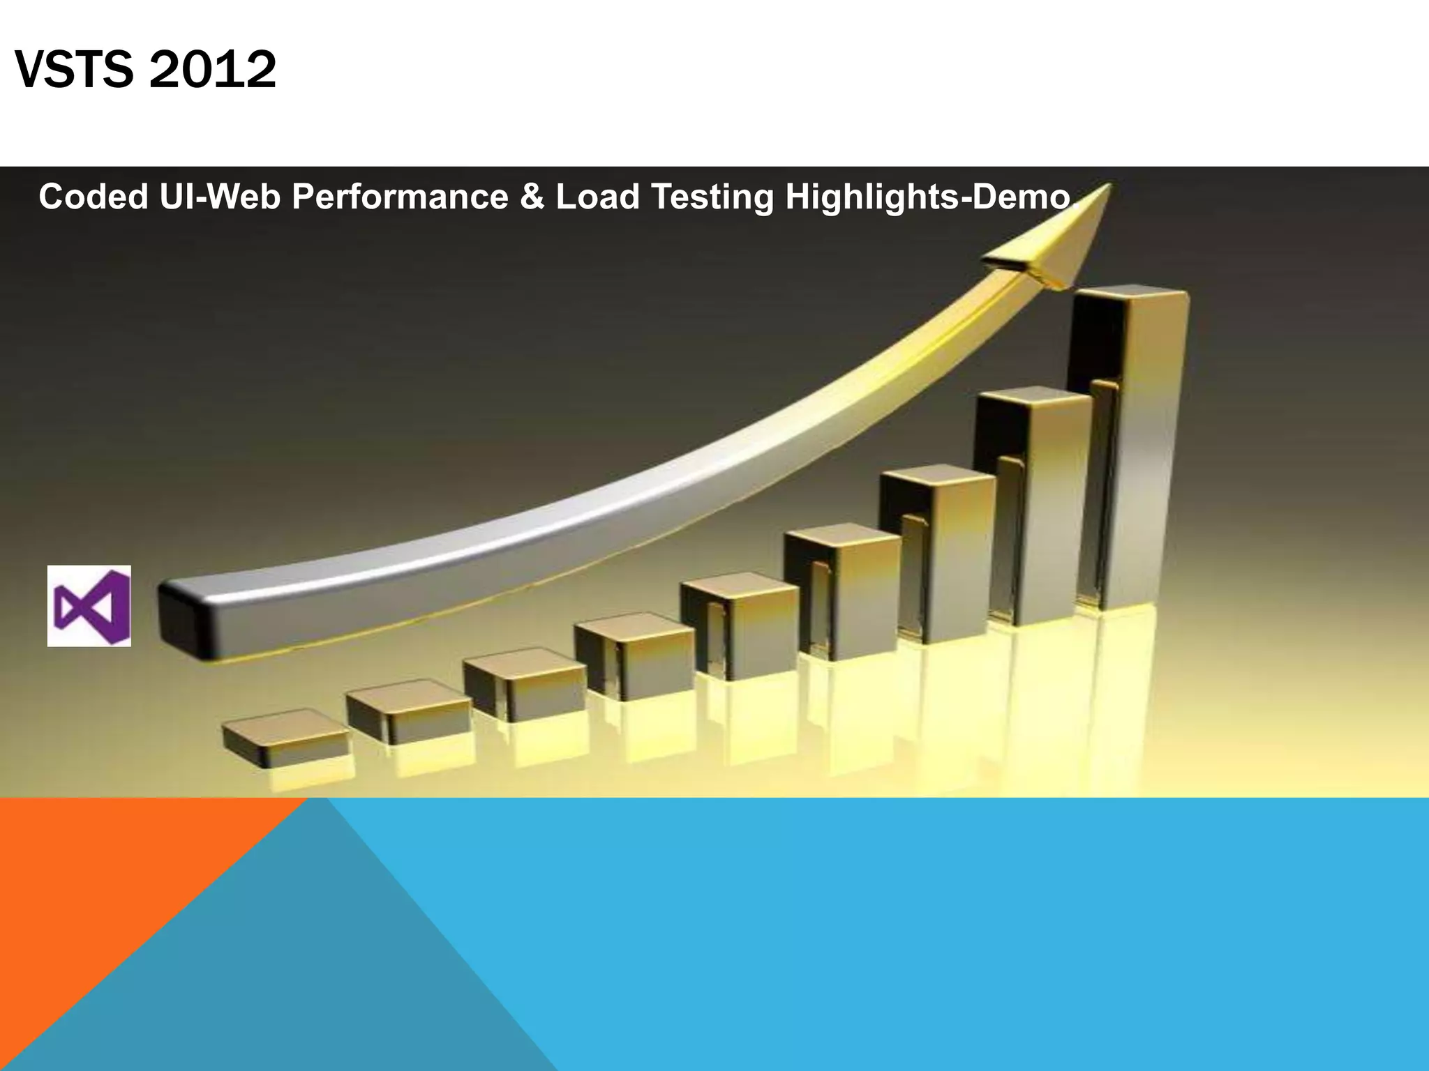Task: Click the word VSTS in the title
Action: pos(73,70)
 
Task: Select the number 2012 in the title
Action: pos(212,70)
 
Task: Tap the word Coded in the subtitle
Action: pos(93,197)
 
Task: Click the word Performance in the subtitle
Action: pos(400,197)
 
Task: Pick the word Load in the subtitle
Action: pos(597,197)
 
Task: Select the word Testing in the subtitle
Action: pos(712,197)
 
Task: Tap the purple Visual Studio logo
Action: pos(89,606)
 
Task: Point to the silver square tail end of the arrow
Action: pos(185,617)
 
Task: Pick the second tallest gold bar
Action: pos(1033,502)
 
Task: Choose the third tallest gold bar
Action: pos(938,551)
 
